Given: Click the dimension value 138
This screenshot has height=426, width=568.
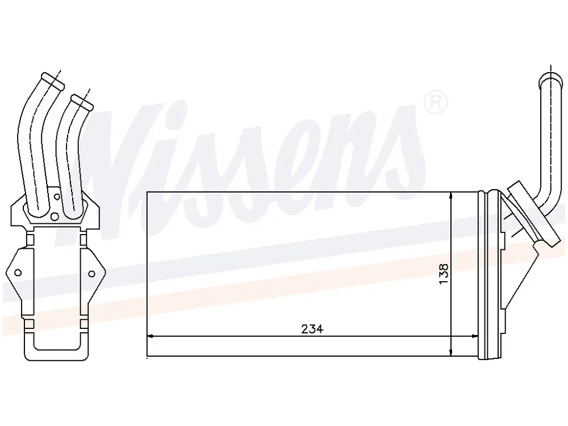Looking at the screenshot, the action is tap(444, 274).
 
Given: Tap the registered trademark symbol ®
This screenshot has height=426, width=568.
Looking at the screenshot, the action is tap(436, 102).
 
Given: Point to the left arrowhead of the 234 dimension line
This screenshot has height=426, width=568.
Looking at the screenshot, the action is tap(151, 336).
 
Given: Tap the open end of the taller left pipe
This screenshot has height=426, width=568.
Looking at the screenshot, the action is tap(52, 81).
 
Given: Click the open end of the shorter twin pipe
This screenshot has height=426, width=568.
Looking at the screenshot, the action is tap(82, 102).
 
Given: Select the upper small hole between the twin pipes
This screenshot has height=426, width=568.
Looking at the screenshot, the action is tap(56, 197).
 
